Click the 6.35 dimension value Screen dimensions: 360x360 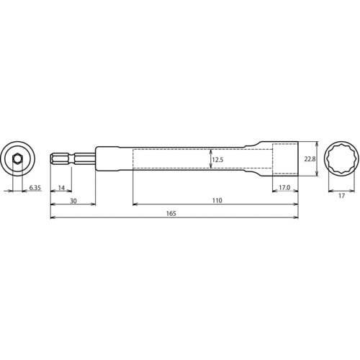click(x=35, y=188)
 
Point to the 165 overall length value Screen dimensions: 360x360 click(x=171, y=214)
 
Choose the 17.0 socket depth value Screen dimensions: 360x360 click(x=284, y=188)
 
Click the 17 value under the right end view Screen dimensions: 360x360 click(x=338, y=194)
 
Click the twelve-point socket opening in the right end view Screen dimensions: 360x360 click(x=338, y=158)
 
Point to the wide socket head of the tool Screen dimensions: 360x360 click(x=285, y=158)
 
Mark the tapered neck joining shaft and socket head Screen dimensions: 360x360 click(x=260, y=158)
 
